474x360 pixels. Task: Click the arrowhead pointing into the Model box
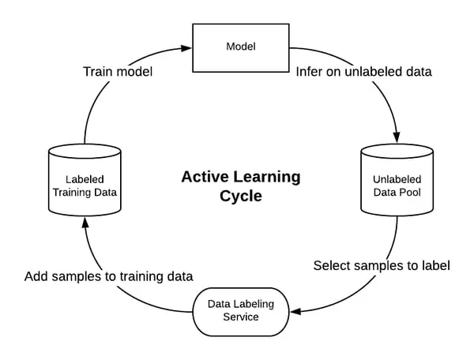point(186,47)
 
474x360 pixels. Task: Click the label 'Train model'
point(118,72)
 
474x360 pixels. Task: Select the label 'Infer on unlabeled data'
point(363,72)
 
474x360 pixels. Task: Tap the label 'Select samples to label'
point(382,265)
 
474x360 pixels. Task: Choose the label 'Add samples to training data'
point(109,276)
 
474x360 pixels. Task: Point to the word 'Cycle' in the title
point(240,195)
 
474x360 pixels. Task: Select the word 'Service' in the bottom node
point(243,317)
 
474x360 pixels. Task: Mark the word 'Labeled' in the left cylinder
point(84,179)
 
